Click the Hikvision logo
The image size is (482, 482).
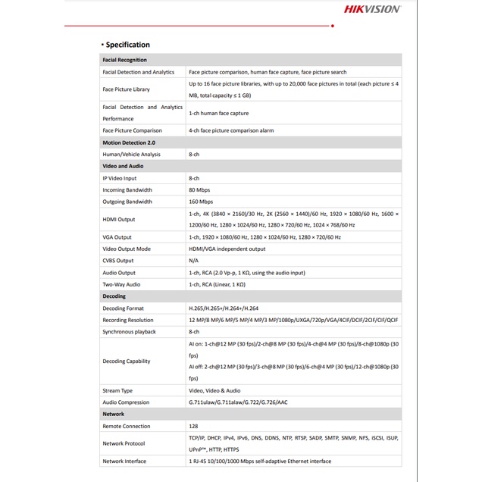372,9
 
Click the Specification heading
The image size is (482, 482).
127,45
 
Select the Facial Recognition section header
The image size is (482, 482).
125,60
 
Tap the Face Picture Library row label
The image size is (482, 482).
127,89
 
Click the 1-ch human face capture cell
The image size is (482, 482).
219,113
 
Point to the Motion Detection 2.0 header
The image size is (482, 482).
129,142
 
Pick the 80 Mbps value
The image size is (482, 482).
199,190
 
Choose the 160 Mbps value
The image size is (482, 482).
201,202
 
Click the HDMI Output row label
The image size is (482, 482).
119,220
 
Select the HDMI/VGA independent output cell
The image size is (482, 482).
227,249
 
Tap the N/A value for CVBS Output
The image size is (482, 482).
193,261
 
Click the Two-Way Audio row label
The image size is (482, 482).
121,284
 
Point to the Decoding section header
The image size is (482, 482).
114,296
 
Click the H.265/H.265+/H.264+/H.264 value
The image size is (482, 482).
224,308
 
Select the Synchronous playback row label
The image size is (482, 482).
130,332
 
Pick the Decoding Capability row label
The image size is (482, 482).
127,361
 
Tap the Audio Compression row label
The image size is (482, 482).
126,402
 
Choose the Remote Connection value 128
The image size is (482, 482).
193,427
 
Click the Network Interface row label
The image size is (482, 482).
125,461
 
